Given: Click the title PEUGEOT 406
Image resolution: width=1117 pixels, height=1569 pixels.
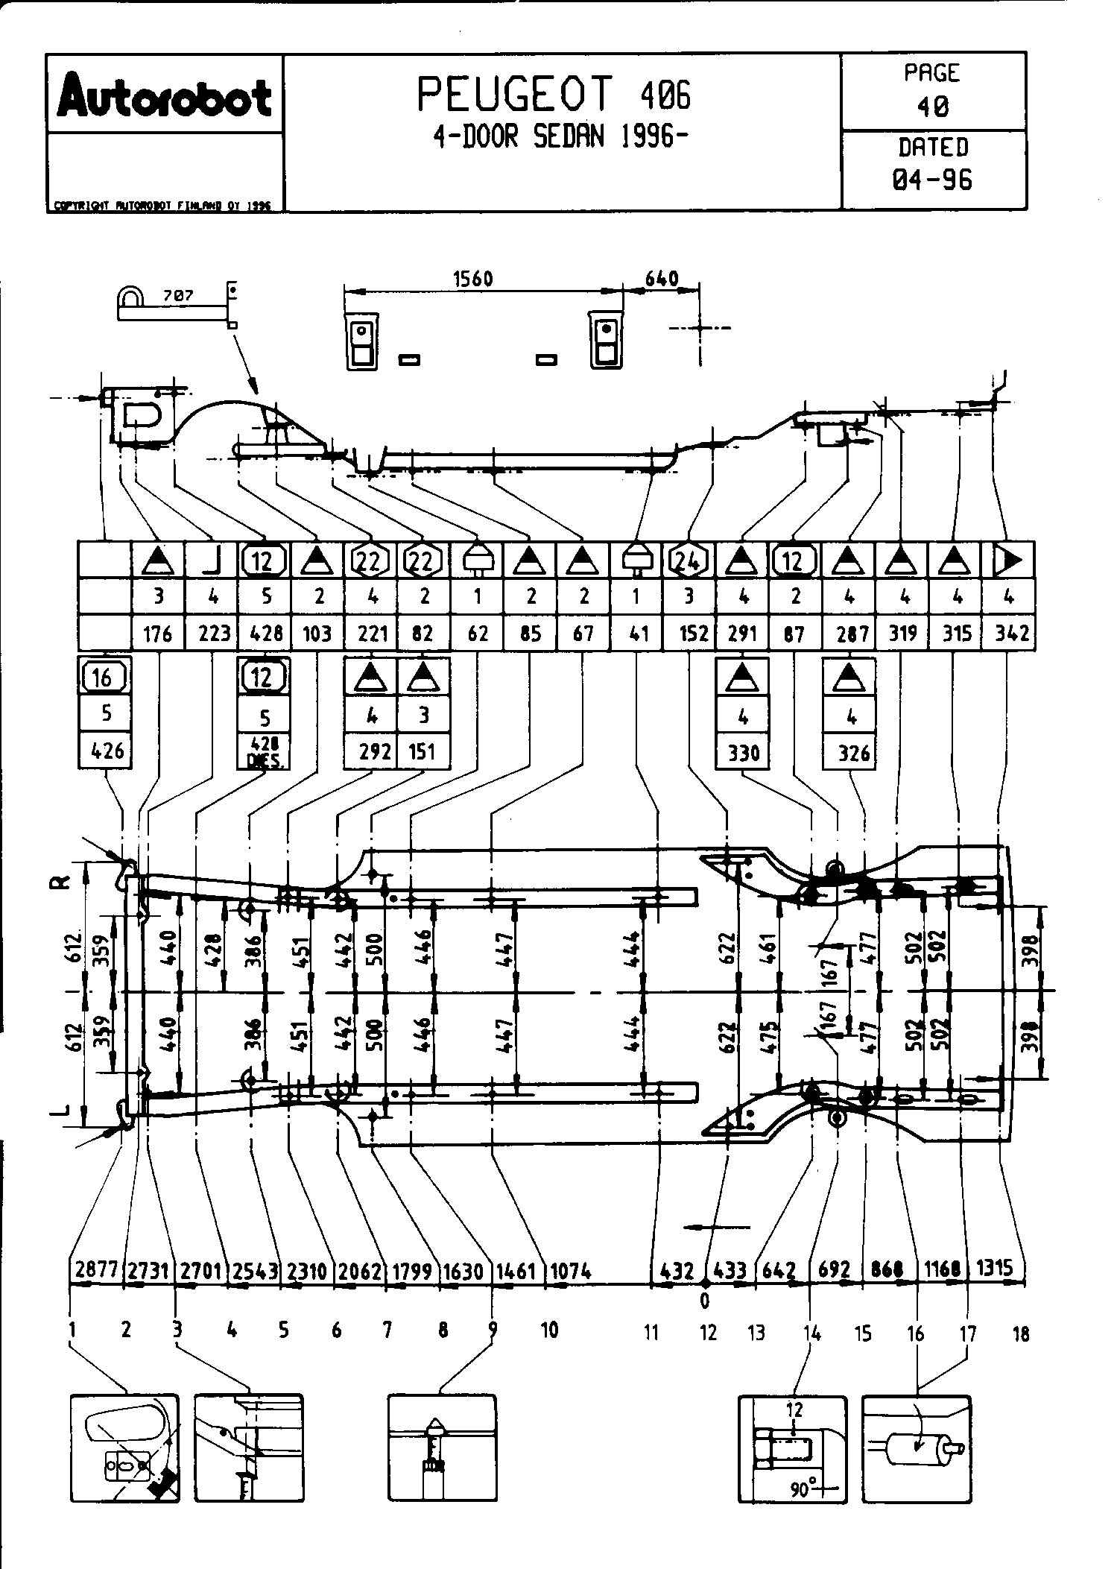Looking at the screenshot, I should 554,94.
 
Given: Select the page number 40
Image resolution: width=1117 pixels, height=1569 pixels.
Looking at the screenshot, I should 933,107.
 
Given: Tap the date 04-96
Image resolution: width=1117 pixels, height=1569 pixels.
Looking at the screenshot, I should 933,180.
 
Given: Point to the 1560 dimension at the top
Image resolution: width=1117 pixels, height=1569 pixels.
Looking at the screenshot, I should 473,279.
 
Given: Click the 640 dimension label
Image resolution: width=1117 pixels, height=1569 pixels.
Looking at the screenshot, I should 661,279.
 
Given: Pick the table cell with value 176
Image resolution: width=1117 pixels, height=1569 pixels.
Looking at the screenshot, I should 157,634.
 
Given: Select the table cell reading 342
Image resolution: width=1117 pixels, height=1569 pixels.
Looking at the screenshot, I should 1011,634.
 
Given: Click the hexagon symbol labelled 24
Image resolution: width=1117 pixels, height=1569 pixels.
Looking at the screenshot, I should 689,561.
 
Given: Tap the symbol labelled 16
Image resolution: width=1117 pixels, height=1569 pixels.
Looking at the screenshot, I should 104,678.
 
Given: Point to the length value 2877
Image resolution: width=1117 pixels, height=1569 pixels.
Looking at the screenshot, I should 96,1269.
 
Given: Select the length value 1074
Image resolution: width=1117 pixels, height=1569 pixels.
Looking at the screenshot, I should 570,1269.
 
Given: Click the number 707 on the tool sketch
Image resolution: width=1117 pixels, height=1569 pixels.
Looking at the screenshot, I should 178,296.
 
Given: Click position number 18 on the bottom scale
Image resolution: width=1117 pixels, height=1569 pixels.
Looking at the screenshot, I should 1021,1333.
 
